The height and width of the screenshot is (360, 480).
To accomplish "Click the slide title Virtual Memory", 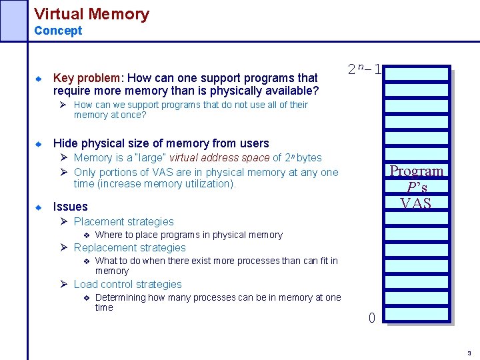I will (91, 13).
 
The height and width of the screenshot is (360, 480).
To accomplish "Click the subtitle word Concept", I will (58, 31).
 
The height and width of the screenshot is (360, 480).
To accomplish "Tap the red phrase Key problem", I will (81, 78).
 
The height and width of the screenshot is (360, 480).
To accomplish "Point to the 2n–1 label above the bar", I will (365, 69).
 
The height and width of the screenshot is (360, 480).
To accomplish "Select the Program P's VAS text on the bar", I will (416, 187).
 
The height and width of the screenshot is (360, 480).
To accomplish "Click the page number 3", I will (469, 353).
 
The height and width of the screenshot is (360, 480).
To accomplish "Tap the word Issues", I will (70, 207).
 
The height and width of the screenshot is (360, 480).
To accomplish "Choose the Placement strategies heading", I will (123, 221).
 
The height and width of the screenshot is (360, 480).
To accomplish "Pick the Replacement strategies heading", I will (129, 247).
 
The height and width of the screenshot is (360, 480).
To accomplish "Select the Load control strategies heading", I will (127, 284).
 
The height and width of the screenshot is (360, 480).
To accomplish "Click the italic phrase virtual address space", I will (219, 158).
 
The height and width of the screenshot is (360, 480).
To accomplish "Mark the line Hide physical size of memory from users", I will (161, 143).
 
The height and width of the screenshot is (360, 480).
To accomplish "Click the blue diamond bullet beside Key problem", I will (39, 79).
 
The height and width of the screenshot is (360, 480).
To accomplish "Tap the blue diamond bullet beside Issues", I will (39, 207).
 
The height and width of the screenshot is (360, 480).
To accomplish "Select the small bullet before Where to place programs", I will (86, 235).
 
